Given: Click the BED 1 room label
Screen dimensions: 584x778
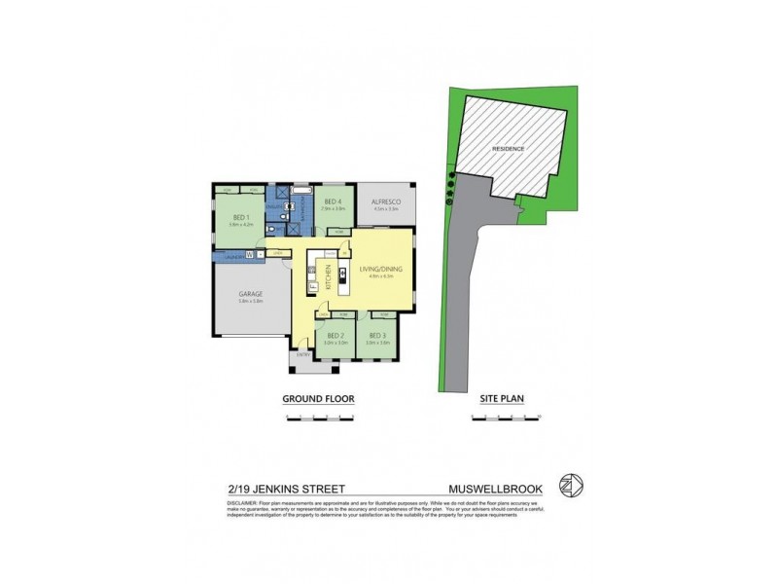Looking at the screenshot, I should click(240, 216).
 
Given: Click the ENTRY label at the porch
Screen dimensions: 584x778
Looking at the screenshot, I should click(302, 355).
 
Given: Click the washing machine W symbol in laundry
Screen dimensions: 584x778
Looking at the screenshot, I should click(249, 254).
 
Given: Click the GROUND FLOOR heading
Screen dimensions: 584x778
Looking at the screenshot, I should click(317, 399).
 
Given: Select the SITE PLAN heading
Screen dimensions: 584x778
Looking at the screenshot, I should click(503, 399).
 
